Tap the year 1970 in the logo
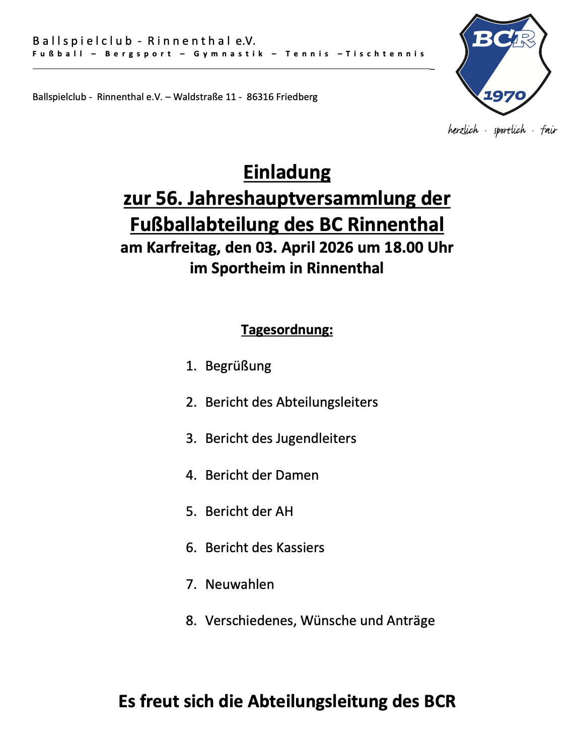pos(504,96)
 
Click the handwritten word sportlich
pos(509,130)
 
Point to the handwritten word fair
pos(549,130)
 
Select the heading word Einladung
pos(287,173)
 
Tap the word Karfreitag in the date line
pos(183,248)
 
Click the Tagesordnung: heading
pos(287,330)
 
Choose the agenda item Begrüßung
pos(238,366)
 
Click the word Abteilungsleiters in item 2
pos(327,402)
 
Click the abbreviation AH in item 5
pos(284,511)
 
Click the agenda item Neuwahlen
pos(240,584)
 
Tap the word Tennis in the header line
pos(307,54)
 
